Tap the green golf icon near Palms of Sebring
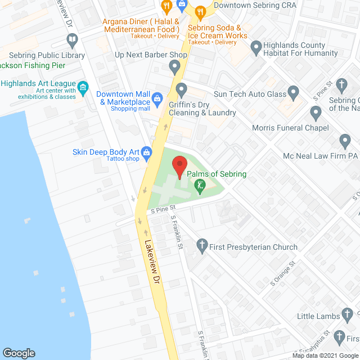(x=199, y=184)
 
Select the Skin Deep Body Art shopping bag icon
(x=147, y=151)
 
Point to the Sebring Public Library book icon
(x=72, y=40)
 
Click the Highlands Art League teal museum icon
(x=83, y=87)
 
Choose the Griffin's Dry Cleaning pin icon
(x=181, y=89)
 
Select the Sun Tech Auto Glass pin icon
(x=293, y=92)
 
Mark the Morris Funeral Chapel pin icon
(x=316, y=114)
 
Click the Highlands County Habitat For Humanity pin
(x=256, y=48)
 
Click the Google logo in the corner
(x=19, y=353)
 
